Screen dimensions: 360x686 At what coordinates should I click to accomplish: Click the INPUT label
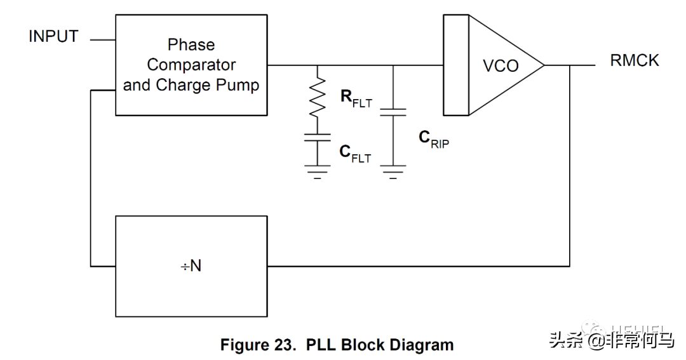coord(54,37)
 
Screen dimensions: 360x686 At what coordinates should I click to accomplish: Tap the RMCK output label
coord(635,60)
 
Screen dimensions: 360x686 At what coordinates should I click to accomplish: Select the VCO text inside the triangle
coord(501,66)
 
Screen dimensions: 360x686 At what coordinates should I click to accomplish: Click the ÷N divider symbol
coord(190,266)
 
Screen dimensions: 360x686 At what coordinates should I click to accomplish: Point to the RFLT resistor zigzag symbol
coord(318,97)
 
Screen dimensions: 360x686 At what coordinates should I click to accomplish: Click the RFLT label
coord(356,98)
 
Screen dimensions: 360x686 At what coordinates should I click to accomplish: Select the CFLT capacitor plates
coord(318,137)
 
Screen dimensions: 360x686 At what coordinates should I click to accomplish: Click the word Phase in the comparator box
coord(191,45)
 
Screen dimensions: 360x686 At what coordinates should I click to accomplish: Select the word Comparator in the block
coord(191,65)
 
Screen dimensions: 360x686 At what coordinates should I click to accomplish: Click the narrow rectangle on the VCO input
coord(455,66)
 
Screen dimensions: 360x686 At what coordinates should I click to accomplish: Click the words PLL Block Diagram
coord(380,345)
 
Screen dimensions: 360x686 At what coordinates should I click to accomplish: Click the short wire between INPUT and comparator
coord(102,40)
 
